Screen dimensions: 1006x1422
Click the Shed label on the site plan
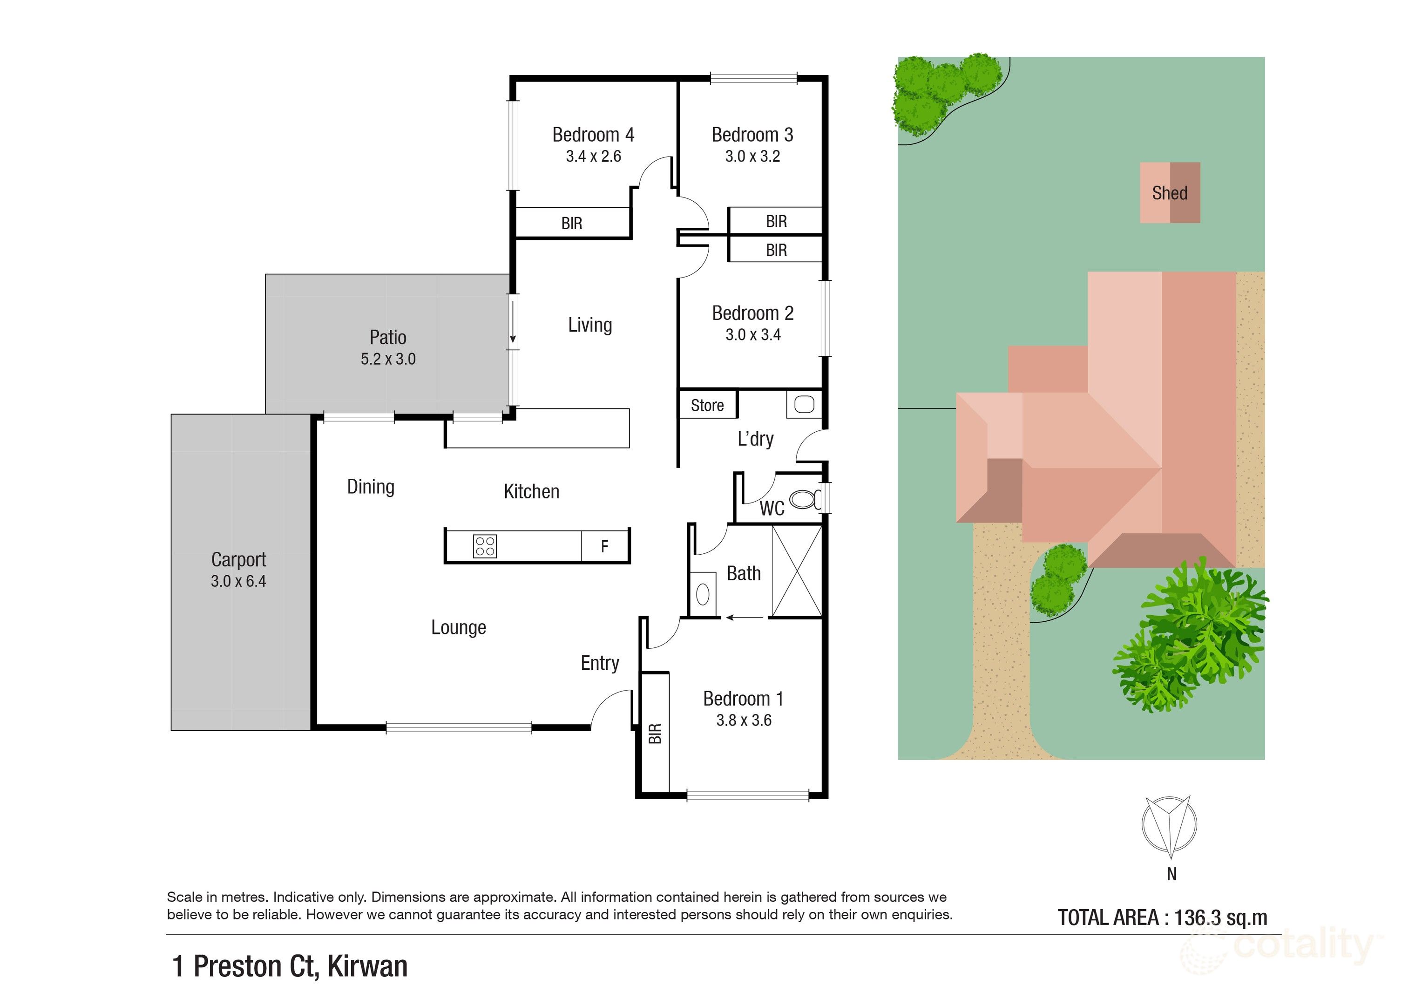click(1169, 193)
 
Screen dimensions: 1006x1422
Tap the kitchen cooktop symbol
click(484, 546)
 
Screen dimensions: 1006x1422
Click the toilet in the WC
click(804, 499)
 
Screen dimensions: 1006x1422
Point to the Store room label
click(707, 406)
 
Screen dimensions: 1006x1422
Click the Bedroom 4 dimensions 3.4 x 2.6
click(593, 157)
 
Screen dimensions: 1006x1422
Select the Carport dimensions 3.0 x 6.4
click(238, 582)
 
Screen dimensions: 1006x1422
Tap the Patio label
click(388, 338)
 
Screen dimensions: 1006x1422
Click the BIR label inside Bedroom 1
click(655, 734)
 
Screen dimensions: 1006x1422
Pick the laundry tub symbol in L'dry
click(804, 405)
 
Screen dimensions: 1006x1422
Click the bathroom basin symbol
click(702, 595)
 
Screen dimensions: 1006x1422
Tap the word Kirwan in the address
click(367, 967)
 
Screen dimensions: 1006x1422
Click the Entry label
click(600, 663)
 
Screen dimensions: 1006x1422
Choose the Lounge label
click(458, 627)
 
